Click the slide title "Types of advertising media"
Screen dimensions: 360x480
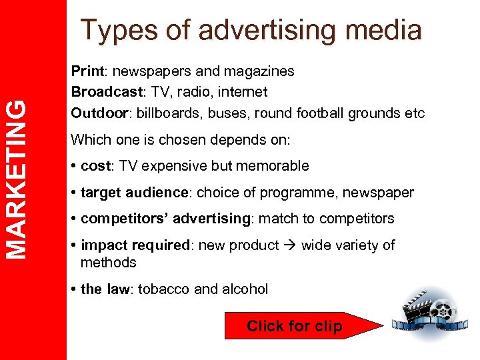[x=251, y=31]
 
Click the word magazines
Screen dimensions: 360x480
[x=260, y=71]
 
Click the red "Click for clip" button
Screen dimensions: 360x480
[x=294, y=326]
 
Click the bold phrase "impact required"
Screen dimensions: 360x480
[x=135, y=245]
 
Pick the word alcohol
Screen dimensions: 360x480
[x=245, y=289]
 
